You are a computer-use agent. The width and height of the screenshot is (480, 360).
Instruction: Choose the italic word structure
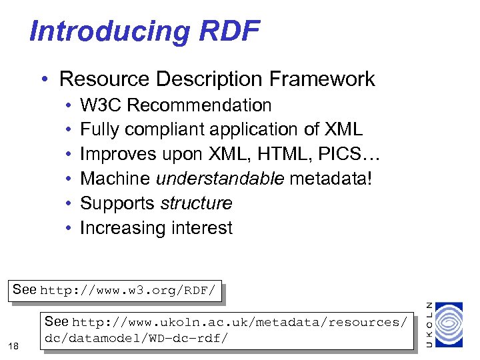pyautogui.click(x=196, y=203)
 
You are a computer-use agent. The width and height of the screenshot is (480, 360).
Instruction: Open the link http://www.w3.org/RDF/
pyautogui.click(x=128, y=291)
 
